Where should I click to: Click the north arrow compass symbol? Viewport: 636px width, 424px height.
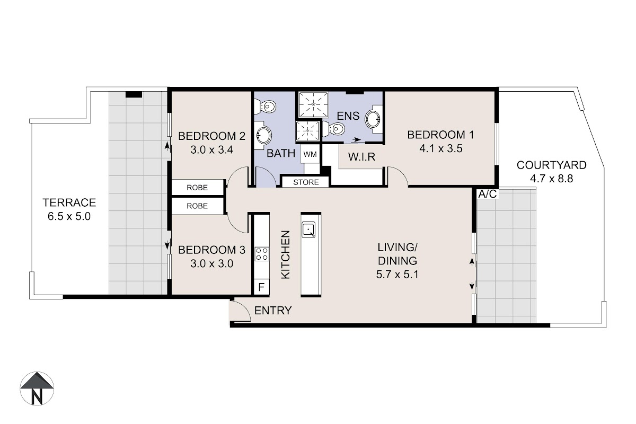coord(37,388)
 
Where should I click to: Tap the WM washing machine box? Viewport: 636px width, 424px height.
coord(310,154)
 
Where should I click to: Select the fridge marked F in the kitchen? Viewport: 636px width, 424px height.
coord(261,287)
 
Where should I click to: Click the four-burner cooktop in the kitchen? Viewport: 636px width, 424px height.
coord(262,254)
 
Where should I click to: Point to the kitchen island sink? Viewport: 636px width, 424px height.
coord(308,229)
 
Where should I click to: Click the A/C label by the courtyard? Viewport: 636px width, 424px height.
coord(488,194)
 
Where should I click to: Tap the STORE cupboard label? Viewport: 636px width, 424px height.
coord(306,182)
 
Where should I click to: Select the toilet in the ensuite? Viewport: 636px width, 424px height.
coord(333,129)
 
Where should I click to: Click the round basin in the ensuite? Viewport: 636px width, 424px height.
coord(373,119)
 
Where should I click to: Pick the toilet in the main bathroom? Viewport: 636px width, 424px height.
coord(265,107)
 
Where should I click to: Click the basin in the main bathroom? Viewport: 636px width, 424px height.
coord(263,135)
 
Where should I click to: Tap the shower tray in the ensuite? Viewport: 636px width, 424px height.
coord(313,104)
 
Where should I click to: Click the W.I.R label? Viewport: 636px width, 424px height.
coord(361,156)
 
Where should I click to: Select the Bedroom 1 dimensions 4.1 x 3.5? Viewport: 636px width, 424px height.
coord(441,148)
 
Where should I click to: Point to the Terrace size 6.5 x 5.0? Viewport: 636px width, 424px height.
coord(69,216)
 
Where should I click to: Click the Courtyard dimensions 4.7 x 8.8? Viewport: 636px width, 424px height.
coord(551,179)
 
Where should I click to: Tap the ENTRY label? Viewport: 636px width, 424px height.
coord(273,311)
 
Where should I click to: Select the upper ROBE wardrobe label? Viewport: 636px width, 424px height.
coord(197,188)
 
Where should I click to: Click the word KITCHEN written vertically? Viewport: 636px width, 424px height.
coord(286,254)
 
